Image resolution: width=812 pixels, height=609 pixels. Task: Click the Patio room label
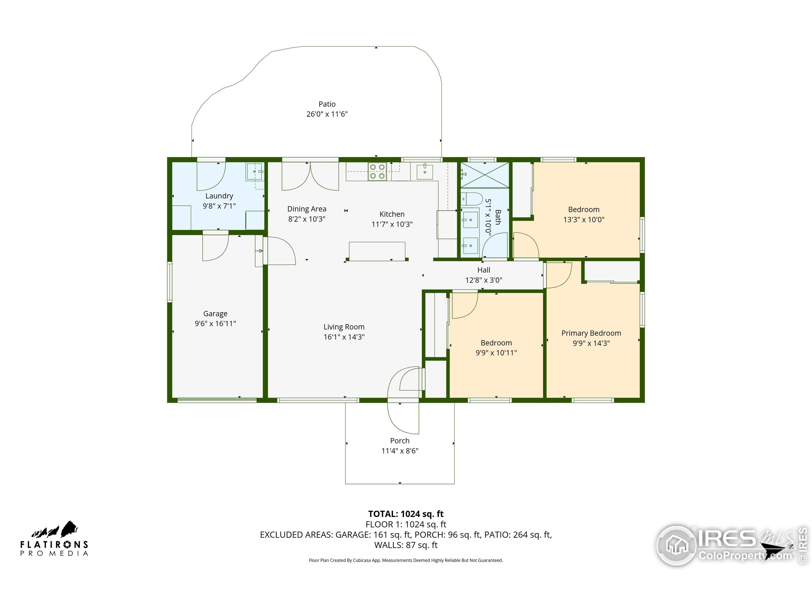click(x=327, y=104)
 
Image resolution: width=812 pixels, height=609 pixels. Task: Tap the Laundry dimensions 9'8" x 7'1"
click(x=219, y=206)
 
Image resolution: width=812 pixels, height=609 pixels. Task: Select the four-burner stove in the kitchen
click(x=377, y=171)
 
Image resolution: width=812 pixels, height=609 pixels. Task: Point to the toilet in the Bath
click(x=471, y=199)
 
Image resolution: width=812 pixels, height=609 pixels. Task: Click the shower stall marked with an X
click(x=485, y=175)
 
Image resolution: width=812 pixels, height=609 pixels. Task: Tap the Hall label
click(x=483, y=270)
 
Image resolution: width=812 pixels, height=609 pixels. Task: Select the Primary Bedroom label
click(x=591, y=333)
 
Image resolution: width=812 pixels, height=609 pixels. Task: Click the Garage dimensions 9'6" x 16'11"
click(x=215, y=324)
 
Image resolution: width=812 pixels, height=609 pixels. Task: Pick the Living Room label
click(x=344, y=327)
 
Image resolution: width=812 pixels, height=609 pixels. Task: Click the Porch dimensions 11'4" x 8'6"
click(x=400, y=451)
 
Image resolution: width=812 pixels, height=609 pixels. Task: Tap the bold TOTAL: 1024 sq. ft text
click(x=406, y=514)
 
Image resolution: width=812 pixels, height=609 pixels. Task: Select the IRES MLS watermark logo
click(x=730, y=545)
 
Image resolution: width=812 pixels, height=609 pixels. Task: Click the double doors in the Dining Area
click(x=310, y=177)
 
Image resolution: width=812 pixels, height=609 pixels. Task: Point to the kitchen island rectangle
click(x=377, y=251)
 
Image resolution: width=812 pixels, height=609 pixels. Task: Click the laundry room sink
click(x=254, y=171)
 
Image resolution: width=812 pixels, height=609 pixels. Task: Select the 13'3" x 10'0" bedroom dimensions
click(x=584, y=220)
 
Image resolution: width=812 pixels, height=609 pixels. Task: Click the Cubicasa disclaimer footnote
click(x=406, y=560)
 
